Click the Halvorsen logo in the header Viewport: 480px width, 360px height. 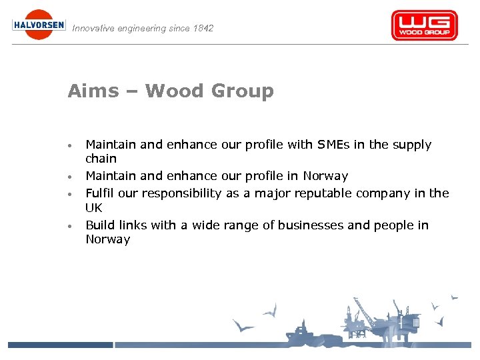[39, 25]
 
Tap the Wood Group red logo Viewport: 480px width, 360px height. [424, 25]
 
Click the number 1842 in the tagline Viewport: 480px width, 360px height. [202, 29]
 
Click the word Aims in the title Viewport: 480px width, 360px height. [91, 91]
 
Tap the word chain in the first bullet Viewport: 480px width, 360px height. [101, 159]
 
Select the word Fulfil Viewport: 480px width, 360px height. [100, 193]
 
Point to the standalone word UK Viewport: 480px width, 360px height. [94, 207]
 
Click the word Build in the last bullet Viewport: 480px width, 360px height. [100, 225]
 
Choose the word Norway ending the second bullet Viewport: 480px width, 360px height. [325, 176]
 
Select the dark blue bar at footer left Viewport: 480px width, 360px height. [60, 345]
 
